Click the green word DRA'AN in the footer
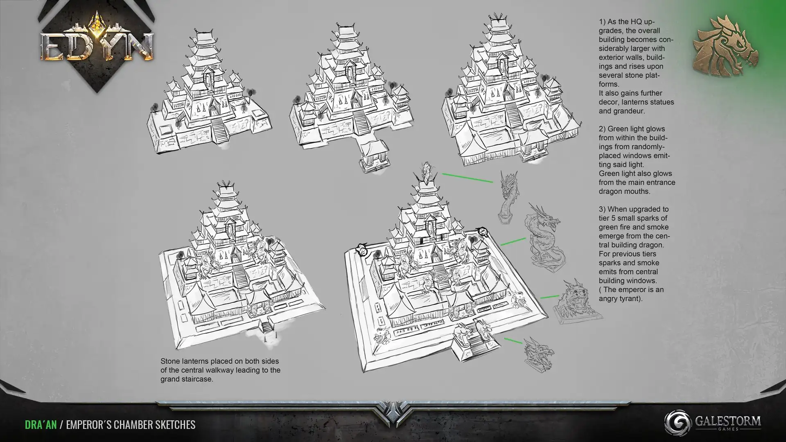tap(41, 425)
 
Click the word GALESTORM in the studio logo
tap(728, 421)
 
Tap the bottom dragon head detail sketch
tap(539, 354)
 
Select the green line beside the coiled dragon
tap(513, 241)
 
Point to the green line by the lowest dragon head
tap(513, 341)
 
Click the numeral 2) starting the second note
tap(602, 129)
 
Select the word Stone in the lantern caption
tap(170, 361)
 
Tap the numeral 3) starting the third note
tap(602, 209)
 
